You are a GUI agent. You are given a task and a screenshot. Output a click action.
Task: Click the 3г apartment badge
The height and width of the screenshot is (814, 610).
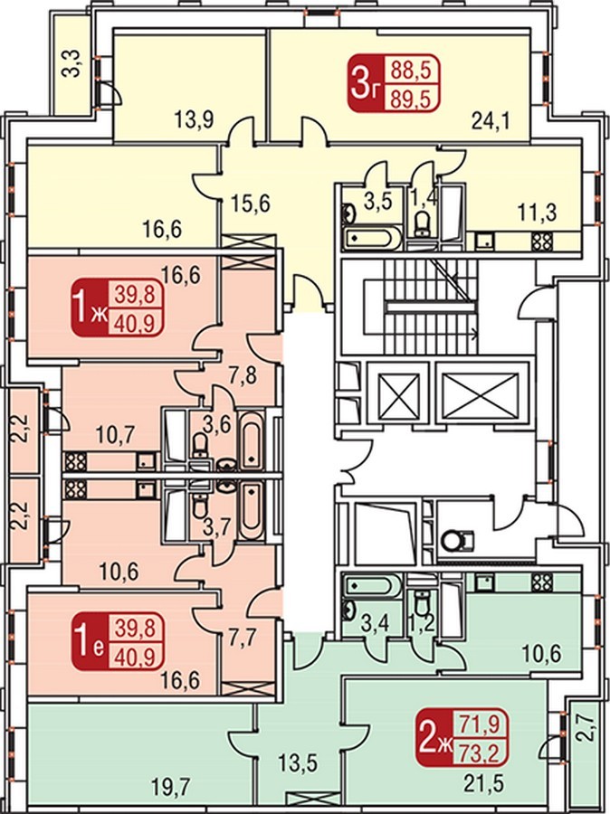tap(394, 85)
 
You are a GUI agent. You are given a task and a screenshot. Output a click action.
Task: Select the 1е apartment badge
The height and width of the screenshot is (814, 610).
tap(117, 640)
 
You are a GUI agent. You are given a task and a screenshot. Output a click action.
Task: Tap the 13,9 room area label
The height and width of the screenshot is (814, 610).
tap(194, 123)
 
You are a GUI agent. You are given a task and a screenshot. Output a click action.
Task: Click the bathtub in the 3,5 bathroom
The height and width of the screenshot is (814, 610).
tap(373, 238)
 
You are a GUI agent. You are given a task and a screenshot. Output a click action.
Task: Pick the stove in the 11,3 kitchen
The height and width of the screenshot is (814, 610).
tap(540, 241)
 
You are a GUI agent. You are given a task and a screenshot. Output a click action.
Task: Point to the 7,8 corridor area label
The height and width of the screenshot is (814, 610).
tap(243, 374)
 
